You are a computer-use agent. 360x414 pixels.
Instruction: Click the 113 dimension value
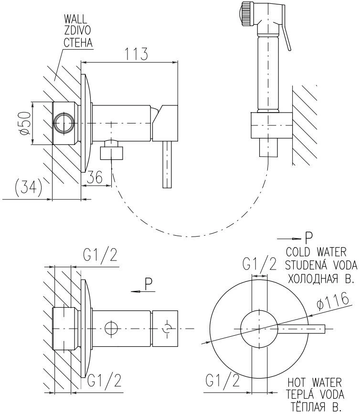click(136, 54)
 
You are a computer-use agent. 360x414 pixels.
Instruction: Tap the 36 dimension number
click(95, 177)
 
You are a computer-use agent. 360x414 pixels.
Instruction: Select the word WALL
click(75, 19)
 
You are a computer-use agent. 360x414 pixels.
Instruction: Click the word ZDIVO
click(77, 31)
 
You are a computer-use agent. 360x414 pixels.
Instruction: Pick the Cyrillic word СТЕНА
click(78, 42)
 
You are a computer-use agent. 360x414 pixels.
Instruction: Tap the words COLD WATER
click(316, 252)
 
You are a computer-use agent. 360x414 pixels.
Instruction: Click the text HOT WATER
click(315, 383)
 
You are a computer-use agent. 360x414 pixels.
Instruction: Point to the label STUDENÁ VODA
click(321, 265)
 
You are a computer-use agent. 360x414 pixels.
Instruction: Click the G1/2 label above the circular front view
click(259, 264)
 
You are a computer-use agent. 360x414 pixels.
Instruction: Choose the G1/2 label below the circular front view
click(222, 381)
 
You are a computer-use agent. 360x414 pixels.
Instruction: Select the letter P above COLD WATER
click(308, 238)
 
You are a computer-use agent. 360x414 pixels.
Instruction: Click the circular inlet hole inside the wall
click(64, 124)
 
